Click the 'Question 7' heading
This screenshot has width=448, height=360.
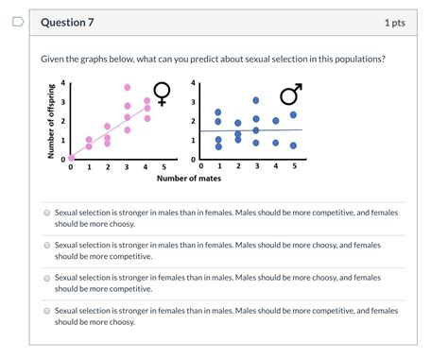point(67,22)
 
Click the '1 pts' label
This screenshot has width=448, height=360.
point(394,22)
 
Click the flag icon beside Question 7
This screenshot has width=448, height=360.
point(17,22)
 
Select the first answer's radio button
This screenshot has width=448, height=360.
point(46,214)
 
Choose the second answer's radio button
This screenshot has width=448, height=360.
point(46,245)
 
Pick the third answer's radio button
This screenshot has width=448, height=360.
point(46,278)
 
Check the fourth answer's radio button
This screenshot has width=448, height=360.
point(46,310)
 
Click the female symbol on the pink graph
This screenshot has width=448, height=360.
point(163,92)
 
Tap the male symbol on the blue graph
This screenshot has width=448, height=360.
point(290,94)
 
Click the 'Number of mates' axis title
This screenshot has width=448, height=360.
point(182,178)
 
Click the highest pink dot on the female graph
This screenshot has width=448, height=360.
point(128,87)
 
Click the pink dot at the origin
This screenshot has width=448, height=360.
point(69,159)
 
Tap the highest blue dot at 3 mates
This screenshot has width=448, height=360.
point(256,100)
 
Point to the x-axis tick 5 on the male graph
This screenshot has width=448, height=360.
point(294,166)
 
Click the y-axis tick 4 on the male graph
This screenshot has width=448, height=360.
point(193,82)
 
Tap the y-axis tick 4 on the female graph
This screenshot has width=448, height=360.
point(63,82)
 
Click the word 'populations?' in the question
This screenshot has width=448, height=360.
point(357,59)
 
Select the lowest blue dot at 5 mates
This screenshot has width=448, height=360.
point(294,146)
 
